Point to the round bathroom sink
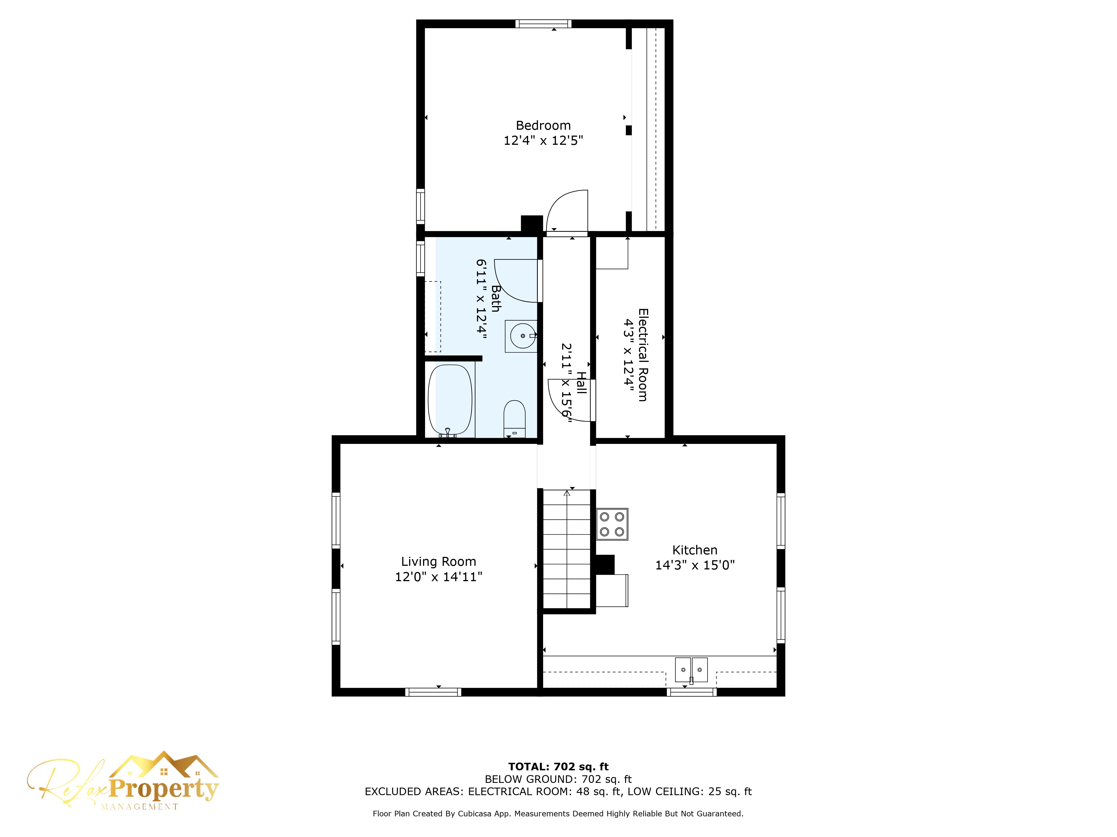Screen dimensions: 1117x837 522,336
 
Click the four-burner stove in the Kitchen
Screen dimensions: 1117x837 612,524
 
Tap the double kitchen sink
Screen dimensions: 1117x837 691,670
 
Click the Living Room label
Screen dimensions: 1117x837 438,562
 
